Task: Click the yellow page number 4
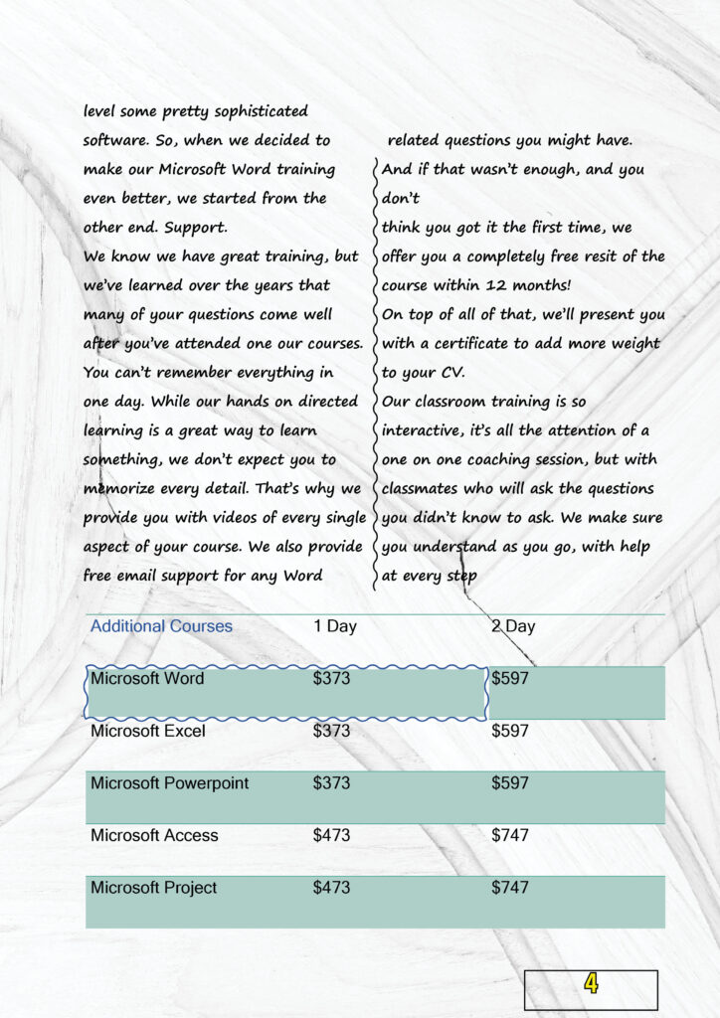tap(592, 984)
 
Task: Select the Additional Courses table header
tap(161, 626)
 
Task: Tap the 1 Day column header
tap(334, 626)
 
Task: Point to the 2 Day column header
tap(513, 626)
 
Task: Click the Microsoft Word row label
tap(147, 679)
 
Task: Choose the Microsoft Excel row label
tap(148, 731)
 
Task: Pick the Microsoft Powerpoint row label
tap(169, 783)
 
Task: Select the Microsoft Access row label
tap(154, 835)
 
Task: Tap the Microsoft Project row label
tap(153, 888)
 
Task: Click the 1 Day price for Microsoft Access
tap(331, 835)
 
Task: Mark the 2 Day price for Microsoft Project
tap(510, 888)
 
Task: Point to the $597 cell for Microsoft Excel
tap(510, 731)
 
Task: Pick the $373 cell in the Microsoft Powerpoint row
tap(331, 783)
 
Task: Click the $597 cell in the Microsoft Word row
tap(510, 679)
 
